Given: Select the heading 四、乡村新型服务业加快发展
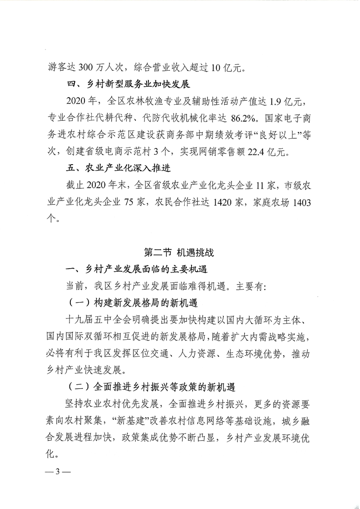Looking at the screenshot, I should [x=128, y=84].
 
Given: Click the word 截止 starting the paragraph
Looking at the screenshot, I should [x=75, y=185].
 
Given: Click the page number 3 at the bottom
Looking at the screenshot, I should [x=58, y=471].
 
